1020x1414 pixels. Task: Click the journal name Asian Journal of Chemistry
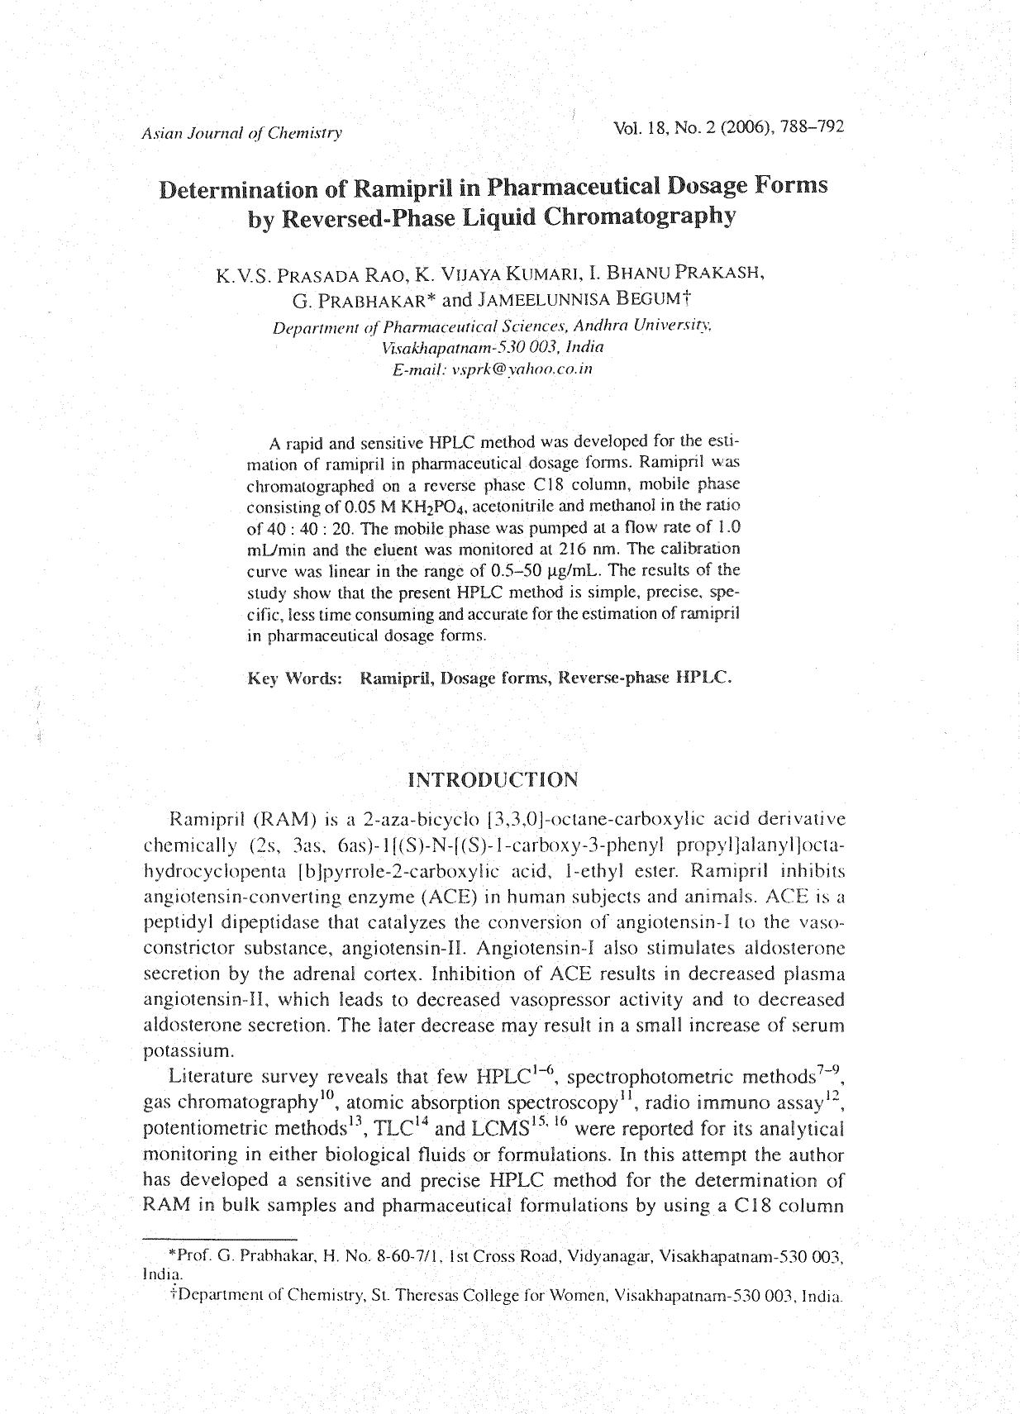click(241, 133)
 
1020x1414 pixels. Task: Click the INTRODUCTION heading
click(493, 780)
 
